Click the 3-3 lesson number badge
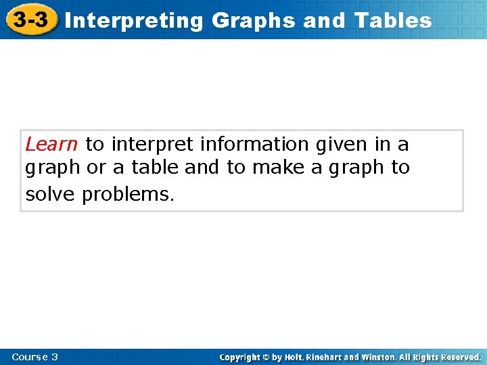tap(30, 20)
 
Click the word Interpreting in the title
tap(135, 21)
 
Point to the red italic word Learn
tap(51, 144)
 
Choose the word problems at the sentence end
tap(129, 195)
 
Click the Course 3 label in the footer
tap(35, 356)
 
